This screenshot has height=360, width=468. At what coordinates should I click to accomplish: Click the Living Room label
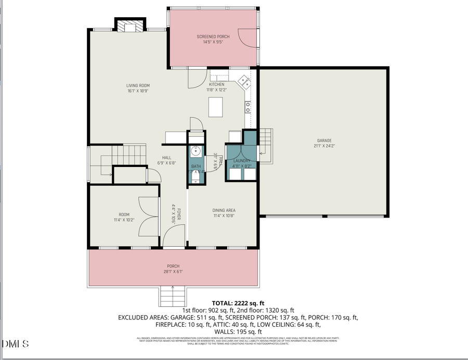point(138,85)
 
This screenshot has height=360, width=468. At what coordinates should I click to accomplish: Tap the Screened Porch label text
point(213,36)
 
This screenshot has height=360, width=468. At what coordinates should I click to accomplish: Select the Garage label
point(324,140)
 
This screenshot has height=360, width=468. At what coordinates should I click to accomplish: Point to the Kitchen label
point(217,84)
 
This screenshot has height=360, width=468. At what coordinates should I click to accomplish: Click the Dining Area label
point(224,211)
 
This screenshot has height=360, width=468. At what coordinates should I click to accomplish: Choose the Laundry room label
point(242,161)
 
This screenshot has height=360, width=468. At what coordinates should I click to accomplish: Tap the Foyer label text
point(178,215)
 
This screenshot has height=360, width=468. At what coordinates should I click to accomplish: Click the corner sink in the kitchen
point(244,81)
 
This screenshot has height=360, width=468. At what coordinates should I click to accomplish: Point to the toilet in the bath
point(195,178)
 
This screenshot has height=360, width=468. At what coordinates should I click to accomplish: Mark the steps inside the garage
point(266,139)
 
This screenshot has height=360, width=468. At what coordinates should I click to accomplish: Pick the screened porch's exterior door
point(249,36)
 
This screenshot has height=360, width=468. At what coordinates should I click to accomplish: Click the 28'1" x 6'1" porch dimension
point(173,271)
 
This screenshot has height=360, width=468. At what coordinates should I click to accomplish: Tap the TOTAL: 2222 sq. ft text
point(238,303)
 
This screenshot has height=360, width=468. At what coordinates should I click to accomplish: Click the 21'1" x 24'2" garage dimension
point(324,146)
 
